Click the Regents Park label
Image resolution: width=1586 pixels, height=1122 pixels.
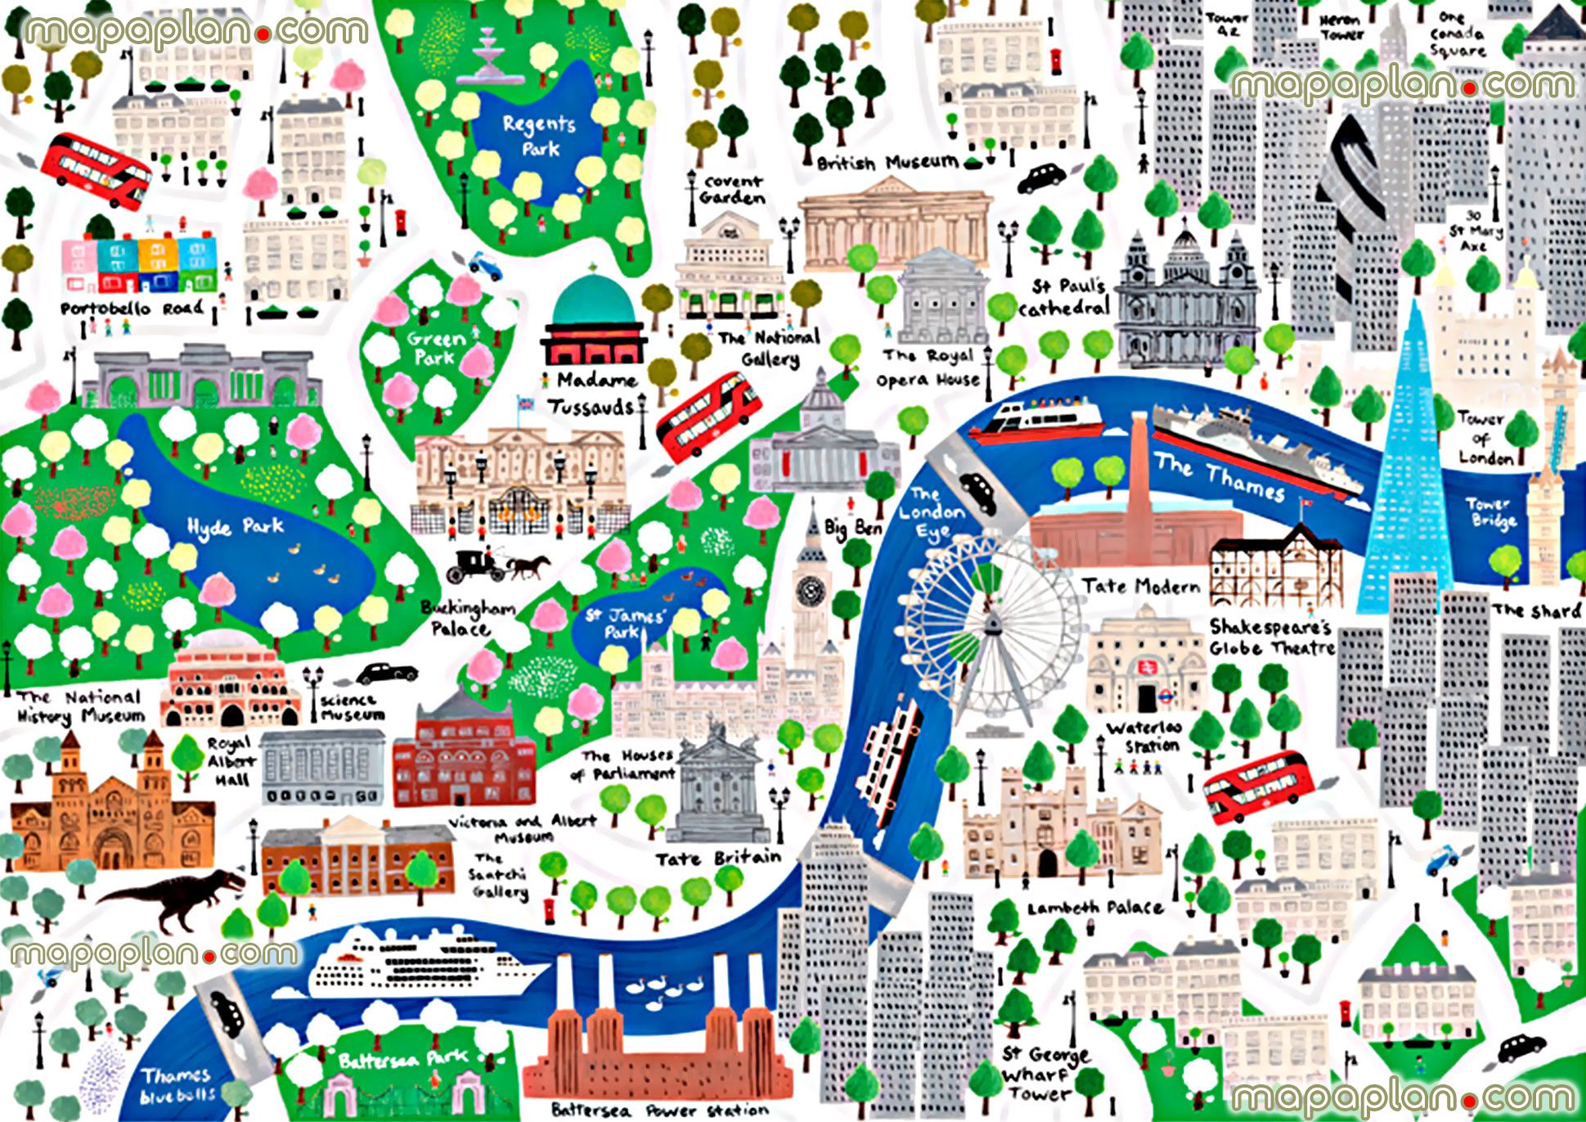(x=539, y=136)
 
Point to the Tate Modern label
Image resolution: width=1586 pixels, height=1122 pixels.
(x=1141, y=586)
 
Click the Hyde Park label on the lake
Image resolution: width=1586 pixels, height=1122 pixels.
(x=236, y=526)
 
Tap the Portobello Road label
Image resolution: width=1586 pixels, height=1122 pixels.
(x=132, y=309)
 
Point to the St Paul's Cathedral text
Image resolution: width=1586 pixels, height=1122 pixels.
(x=1064, y=297)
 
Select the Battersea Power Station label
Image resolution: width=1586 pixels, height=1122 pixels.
(x=659, y=1110)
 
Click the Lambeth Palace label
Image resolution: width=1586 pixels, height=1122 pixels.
(x=1094, y=908)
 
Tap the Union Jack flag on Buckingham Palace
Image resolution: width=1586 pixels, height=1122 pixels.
(x=524, y=403)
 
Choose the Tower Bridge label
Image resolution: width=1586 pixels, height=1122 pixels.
(x=1490, y=512)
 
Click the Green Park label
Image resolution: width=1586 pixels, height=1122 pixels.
(x=437, y=347)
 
